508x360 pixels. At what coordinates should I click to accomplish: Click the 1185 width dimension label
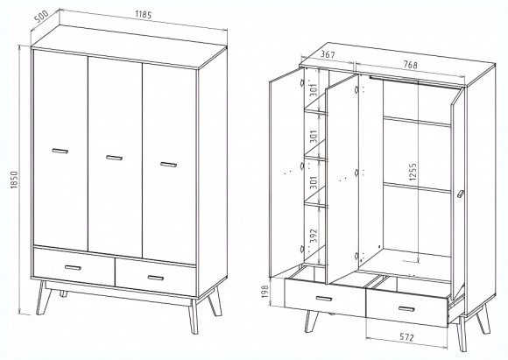pyautogui.click(x=144, y=15)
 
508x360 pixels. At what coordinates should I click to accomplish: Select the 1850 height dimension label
pyautogui.click(x=14, y=180)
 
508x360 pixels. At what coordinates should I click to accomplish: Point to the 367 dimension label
pyautogui.click(x=328, y=55)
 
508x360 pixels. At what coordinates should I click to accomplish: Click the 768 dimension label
pyautogui.click(x=410, y=65)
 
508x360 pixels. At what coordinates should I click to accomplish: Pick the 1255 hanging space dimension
pyautogui.click(x=413, y=172)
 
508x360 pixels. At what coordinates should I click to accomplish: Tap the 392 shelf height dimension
pyautogui.click(x=313, y=236)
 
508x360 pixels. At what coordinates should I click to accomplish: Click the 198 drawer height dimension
pyautogui.click(x=265, y=295)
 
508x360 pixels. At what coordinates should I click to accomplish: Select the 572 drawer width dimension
pyautogui.click(x=406, y=337)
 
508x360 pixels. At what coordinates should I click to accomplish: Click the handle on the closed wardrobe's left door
pyautogui.click(x=60, y=151)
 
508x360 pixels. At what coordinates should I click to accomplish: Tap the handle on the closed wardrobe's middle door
pyautogui.click(x=114, y=158)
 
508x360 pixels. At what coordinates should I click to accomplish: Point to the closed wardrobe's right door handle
pyautogui.click(x=168, y=165)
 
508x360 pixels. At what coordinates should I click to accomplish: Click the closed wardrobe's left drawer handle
pyautogui.click(x=73, y=268)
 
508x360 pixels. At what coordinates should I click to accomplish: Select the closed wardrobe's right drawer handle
pyautogui.click(x=156, y=278)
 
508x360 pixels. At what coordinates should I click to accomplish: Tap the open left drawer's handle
pyautogui.click(x=324, y=299)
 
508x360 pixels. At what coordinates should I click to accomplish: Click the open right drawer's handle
pyautogui.click(x=406, y=309)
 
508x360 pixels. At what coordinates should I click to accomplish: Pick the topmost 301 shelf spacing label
pyautogui.click(x=313, y=88)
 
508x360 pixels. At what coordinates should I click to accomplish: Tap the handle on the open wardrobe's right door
pyautogui.click(x=461, y=194)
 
